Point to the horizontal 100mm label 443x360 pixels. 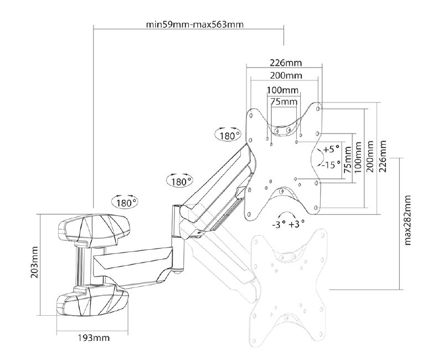point(282,90)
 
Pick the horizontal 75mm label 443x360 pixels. point(283,101)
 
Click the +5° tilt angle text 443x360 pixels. point(332,150)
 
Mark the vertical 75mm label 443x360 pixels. point(347,161)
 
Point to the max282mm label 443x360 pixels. point(408,220)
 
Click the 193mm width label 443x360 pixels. point(92,338)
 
